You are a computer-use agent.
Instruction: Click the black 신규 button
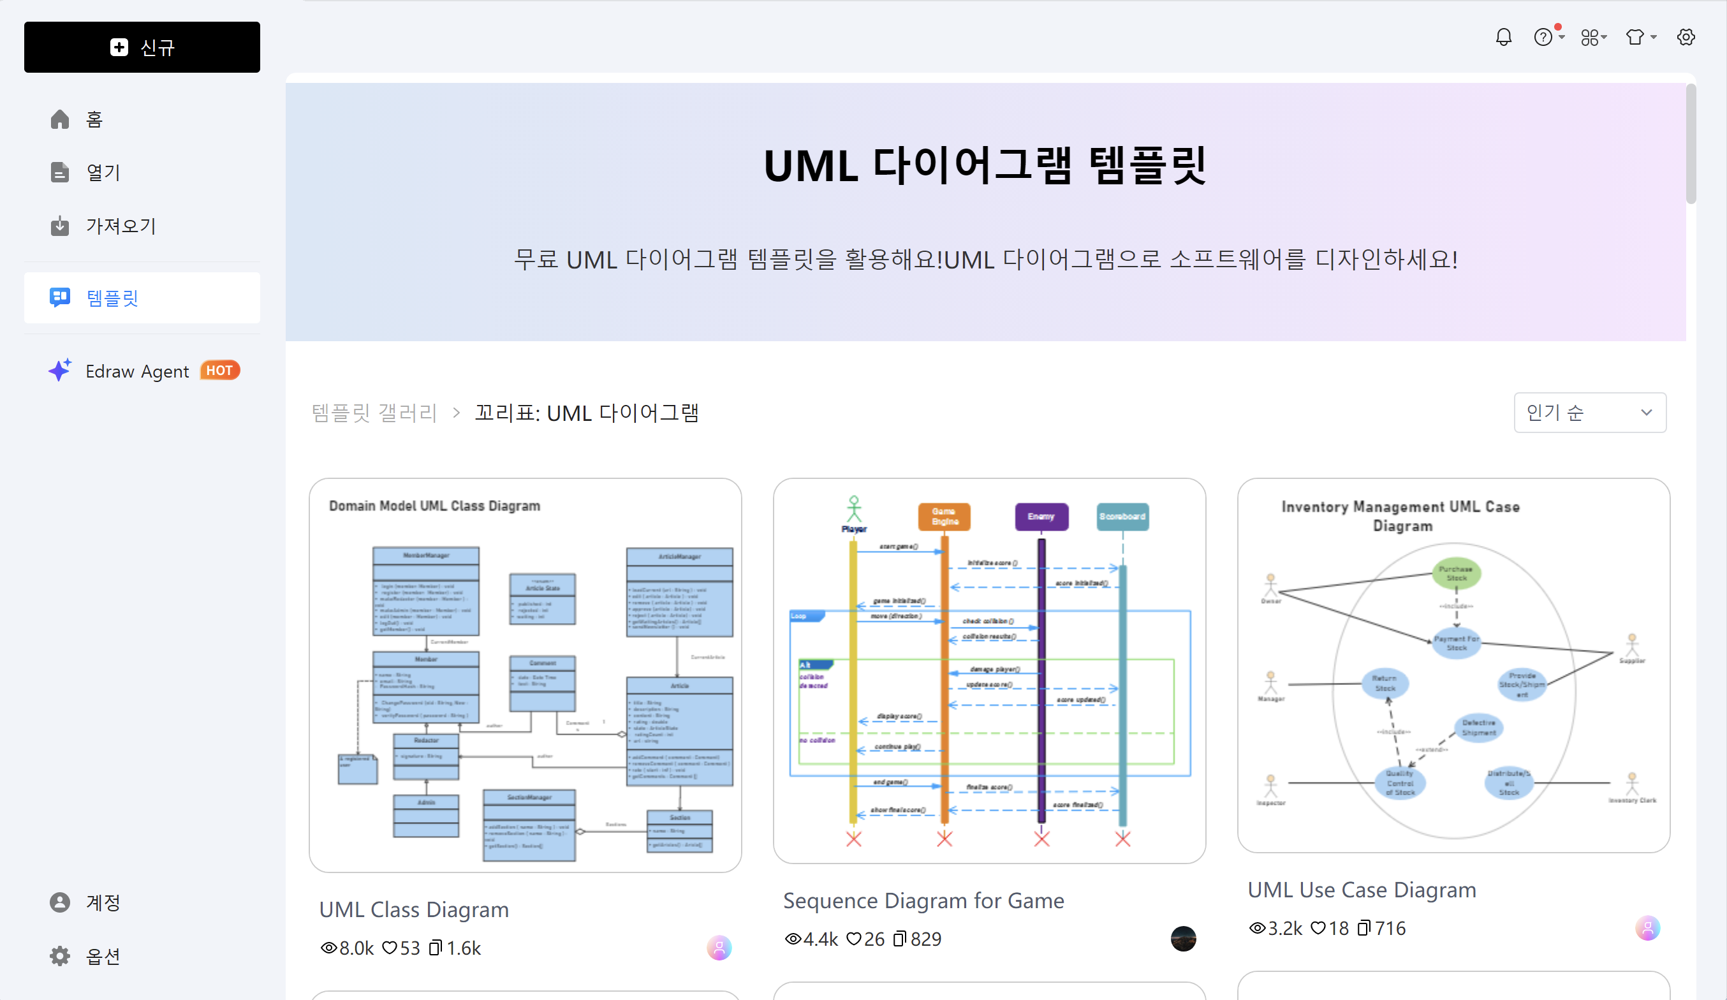[x=142, y=47]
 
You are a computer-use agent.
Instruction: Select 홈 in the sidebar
[x=94, y=119]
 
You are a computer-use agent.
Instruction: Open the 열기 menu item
[x=103, y=172]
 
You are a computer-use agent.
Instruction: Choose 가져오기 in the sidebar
[x=121, y=226]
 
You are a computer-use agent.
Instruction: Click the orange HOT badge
[x=219, y=370]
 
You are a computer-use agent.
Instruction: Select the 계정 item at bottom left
[x=103, y=902]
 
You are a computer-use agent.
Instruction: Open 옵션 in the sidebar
[x=103, y=955]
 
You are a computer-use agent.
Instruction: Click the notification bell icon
[x=1503, y=37]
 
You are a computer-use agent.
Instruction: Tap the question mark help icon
[x=1543, y=37]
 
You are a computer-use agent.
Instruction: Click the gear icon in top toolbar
[x=1686, y=37]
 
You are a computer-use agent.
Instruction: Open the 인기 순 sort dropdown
[x=1589, y=413]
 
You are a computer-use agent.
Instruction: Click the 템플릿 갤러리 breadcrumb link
[x=374, y=413]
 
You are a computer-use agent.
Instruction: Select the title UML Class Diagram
[x=414, y=909]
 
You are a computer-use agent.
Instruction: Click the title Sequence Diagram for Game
[x=923, y=900]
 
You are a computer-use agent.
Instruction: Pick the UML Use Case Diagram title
[x=1362, y=890]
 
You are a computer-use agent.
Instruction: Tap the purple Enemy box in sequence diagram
[x=1041, y=517]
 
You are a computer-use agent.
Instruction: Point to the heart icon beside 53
[x=389, y=948]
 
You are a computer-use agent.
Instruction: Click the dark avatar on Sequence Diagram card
[x=1183, y=938]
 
